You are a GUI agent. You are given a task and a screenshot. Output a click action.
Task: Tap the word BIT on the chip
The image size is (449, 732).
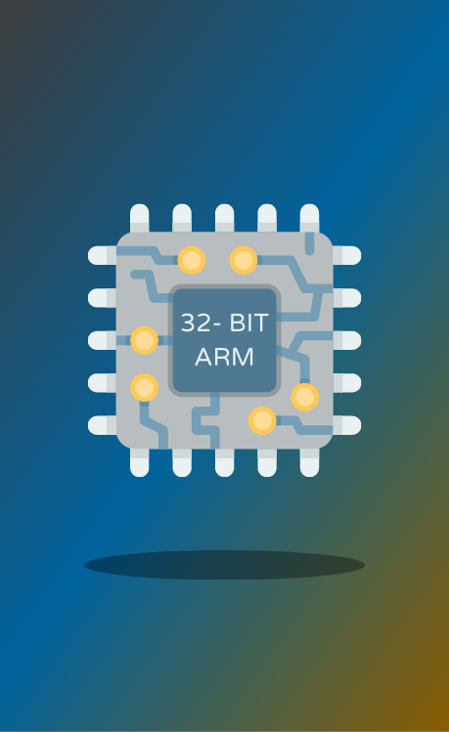[249, 323]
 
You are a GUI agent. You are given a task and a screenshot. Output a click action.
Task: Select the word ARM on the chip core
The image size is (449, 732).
[224, 357]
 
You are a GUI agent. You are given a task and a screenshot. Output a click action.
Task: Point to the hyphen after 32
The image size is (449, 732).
[217, 325]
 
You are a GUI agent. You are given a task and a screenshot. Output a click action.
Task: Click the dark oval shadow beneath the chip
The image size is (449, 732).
[224, 565]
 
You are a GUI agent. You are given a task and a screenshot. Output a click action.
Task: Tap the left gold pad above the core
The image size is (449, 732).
[192, 260]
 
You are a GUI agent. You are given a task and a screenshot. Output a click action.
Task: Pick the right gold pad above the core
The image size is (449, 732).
[244, 260]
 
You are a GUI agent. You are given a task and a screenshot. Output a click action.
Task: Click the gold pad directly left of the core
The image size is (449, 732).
[145, 340]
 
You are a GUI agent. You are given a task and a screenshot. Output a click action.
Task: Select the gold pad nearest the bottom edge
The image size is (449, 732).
[262, 420]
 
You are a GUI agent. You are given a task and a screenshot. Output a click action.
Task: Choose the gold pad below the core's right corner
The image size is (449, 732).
[305, 397]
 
